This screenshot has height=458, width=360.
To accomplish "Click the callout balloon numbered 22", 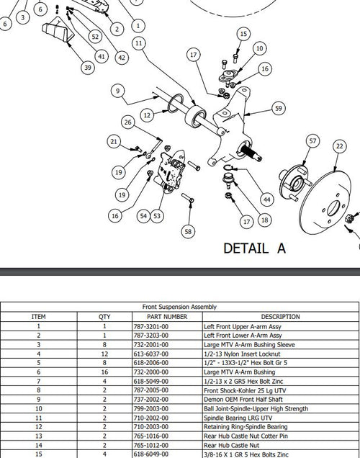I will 339,146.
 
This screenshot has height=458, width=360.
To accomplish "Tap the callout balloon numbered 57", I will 312,141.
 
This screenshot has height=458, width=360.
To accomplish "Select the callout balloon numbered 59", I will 279,108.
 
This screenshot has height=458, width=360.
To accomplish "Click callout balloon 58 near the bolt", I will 188,231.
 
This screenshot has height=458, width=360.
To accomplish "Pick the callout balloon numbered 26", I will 127,122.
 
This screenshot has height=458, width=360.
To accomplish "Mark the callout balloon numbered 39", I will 88,67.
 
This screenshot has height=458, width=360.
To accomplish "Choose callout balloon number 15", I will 243,34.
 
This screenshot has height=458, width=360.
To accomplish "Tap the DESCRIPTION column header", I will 280,316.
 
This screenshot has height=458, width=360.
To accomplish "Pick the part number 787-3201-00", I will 151,326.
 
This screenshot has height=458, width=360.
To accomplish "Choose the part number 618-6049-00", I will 151,454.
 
